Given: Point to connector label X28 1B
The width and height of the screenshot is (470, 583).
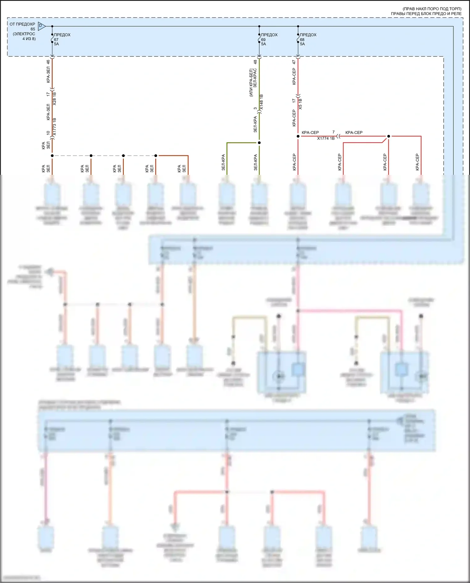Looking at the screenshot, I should (55, 98).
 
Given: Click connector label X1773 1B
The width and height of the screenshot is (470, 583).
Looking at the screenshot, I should (55, 127).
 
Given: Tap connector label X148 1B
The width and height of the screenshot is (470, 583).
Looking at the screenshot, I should (262, 102).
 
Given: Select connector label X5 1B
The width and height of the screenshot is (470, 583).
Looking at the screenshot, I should (300, 104).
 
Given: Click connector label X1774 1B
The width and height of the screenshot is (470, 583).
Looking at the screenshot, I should (326, 138).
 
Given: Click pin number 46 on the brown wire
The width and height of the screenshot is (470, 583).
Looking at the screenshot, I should (48, 62).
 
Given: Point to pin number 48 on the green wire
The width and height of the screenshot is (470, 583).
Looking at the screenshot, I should (255, 62).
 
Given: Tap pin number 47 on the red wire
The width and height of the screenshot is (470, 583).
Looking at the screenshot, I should (294, 62).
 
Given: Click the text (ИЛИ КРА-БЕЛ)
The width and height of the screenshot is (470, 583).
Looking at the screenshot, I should (251, 83).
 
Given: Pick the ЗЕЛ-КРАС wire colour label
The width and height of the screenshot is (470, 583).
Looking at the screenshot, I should (255, 78).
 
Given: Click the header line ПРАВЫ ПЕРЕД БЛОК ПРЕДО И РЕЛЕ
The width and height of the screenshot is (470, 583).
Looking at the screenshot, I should (426, 14).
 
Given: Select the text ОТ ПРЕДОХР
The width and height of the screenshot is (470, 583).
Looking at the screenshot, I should (22, 24).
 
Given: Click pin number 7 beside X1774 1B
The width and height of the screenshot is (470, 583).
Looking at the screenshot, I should (333, 132).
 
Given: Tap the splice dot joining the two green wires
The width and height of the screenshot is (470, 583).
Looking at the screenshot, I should (259, 143).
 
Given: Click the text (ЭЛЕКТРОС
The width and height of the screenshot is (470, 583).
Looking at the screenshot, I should (24, 34).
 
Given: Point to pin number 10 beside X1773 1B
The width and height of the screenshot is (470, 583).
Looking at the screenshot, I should (48, 133).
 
